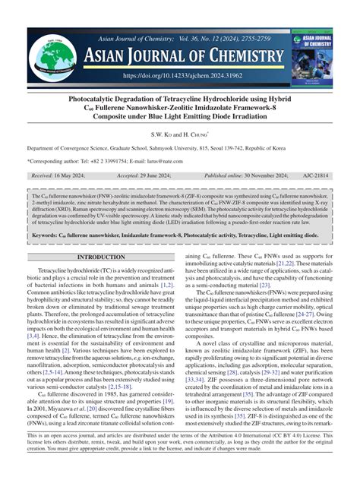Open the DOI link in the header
click(180, 76)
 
